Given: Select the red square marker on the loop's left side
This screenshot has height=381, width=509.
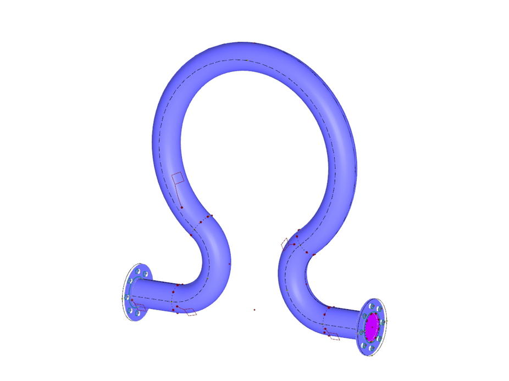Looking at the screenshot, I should coord(177,178).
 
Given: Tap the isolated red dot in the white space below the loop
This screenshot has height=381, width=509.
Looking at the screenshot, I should coord(254,310).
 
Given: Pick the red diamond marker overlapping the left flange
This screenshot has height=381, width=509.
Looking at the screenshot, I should coord(140,308).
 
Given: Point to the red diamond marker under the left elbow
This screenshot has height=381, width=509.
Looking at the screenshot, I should coord(191,312).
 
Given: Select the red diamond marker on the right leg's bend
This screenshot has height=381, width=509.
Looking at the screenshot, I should coord(285,243).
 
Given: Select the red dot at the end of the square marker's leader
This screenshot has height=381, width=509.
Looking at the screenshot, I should coord(182,208).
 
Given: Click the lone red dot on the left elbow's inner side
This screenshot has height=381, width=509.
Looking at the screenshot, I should coord(229,264).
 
